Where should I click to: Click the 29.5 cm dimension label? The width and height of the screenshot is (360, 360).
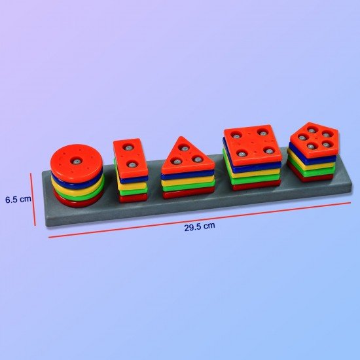point(199,226)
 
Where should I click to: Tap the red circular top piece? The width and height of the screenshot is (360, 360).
point(77,160)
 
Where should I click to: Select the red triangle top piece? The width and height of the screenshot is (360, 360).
point(187,156)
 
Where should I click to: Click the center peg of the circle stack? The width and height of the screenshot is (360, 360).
point(77,160)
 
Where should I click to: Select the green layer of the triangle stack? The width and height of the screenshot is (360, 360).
point(187,186)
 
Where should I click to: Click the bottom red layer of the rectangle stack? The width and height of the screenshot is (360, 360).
point(134,198)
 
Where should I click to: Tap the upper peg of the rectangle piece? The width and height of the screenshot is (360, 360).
point(129,147)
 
